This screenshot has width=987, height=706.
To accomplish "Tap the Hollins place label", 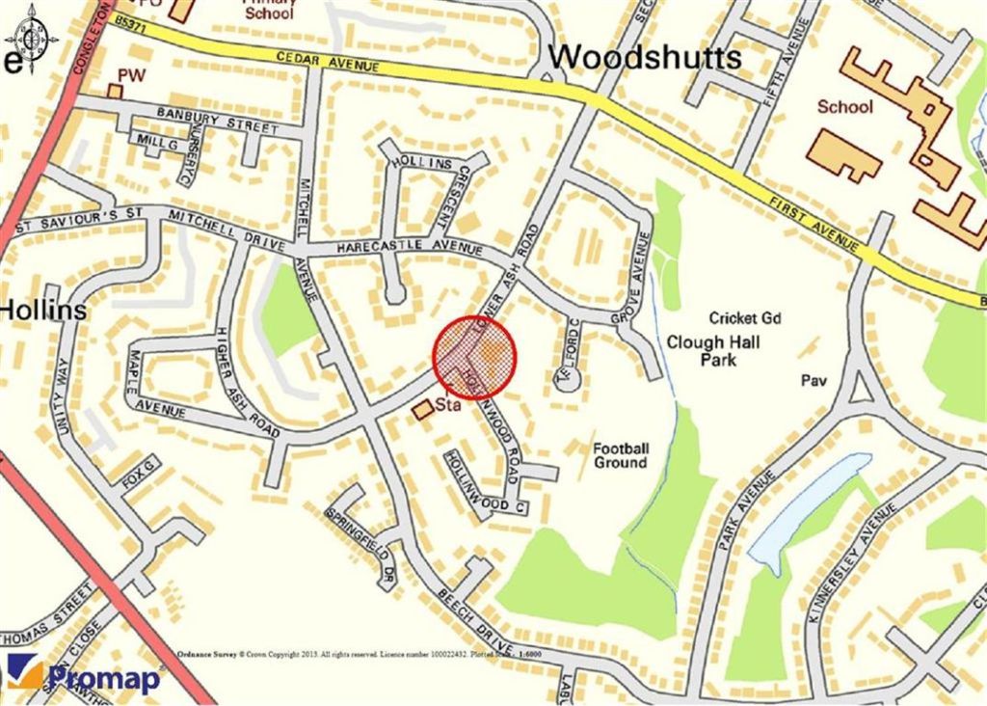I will tap(43, 311).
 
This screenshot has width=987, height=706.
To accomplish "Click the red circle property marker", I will tap(476, 354).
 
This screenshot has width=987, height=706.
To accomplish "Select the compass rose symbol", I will tap(31, 40).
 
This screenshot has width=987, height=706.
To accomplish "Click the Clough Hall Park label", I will tap(712, 351).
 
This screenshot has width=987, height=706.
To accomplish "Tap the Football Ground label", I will tap(621, 455).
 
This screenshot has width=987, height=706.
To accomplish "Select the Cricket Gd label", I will tap(744, 318).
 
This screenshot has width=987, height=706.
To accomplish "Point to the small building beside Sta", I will tap(422, 411).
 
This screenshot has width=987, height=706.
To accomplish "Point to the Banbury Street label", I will tap(209, 122).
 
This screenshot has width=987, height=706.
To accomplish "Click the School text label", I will tap(844, 107).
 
